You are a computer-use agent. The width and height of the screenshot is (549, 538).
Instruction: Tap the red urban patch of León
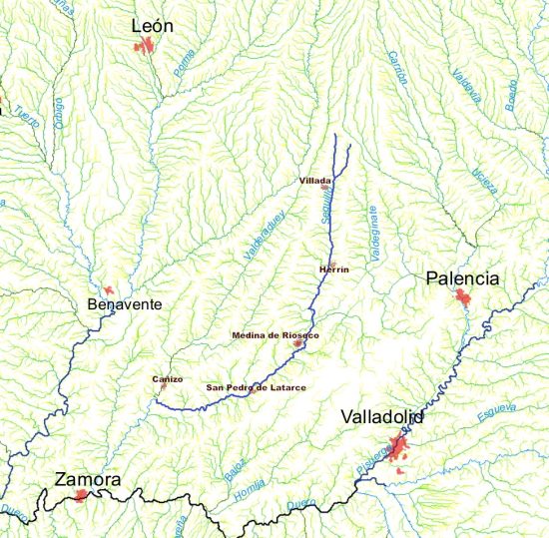coord(147,45)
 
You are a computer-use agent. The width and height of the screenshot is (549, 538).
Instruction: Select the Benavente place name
coord(124,303)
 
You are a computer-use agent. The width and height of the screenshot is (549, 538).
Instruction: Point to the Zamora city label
coord(89,480)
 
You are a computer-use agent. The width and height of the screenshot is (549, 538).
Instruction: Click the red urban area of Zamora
coord(81,494)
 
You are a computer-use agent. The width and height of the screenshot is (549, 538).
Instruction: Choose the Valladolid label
coord(381,417)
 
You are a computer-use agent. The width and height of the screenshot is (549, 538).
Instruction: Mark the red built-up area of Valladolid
coord(399,446)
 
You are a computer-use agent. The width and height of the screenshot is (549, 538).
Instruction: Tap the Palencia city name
coord(461,278)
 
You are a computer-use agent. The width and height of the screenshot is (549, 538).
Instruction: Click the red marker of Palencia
coord(462,296)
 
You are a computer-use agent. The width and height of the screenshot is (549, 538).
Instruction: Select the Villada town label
coord(315,181)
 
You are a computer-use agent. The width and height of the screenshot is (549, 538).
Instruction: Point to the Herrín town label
coord(332,269)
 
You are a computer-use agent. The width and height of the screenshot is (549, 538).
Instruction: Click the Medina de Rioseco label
coord(274,335)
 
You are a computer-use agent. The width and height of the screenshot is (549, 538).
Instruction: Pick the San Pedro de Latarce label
coord(256,387)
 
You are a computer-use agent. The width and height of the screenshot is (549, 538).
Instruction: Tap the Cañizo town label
coord(168,379)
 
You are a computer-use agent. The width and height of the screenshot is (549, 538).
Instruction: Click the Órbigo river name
coord(57,111)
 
